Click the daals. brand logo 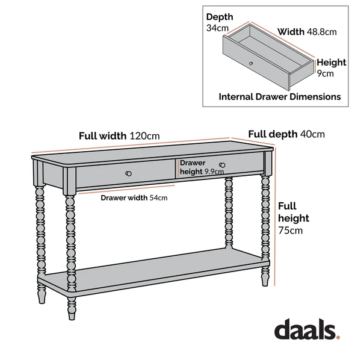[x=307, y=329]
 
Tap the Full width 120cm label [x=119, y=135]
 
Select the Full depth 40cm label [x=286, y=134]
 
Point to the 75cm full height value [x=291, y=230]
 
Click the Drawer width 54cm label [x=134, y=197]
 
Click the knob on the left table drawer [x=128, y=173]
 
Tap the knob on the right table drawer [x=222, y=165]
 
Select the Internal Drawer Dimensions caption [x=280, y=96]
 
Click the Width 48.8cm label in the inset [x=306, y=31]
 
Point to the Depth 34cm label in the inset [x=219, y=22]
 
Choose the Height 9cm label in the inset [x=332, y=67]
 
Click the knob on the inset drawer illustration [x=251, y=63]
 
